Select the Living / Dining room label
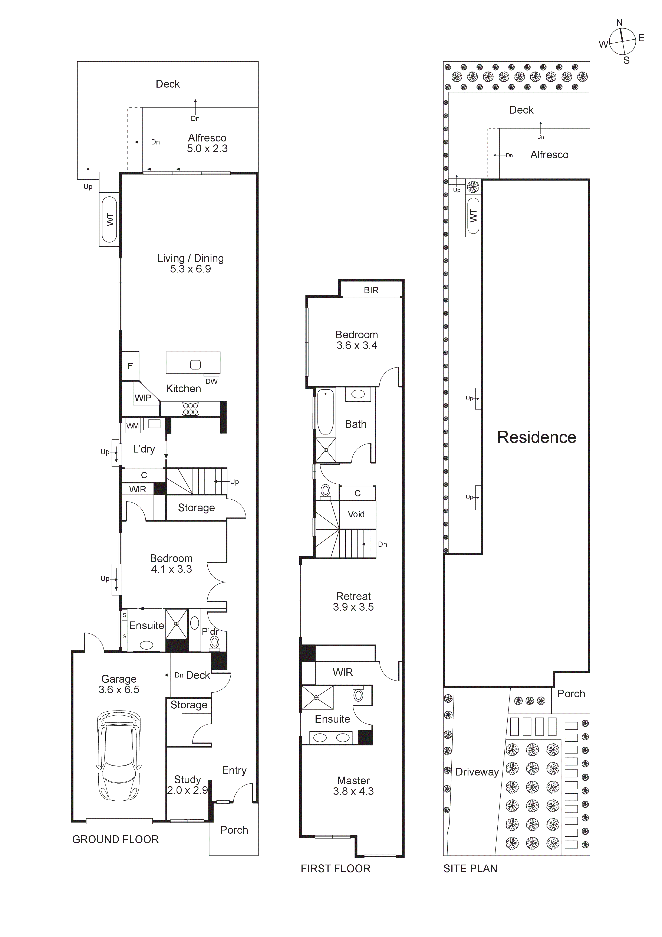click(191, 263)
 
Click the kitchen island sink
click(195, 365)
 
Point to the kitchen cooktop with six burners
click(191, 408)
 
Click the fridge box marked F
click(130, 366)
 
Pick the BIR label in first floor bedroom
click(371, 290)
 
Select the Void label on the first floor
click(356, 514)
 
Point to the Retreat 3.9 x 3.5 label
click(353, 601)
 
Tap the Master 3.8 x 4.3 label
click(353, 786)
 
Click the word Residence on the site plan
click(536, 437)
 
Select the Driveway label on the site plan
click(477, 772)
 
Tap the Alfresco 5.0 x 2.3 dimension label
click(207, 143)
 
